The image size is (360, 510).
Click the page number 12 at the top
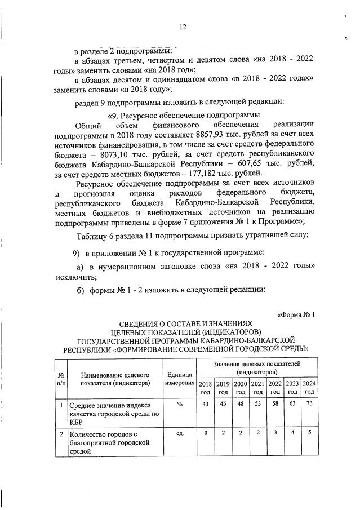tap(183, 26)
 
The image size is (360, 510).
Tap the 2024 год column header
tap(309, 388)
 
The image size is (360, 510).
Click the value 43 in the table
tap(205, 404)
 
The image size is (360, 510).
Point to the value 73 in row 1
tap(309, 404)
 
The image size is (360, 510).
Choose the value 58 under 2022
tap(274, 404)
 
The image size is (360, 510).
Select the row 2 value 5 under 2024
tap(309, 433)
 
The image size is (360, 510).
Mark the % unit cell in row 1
tap(180, 404)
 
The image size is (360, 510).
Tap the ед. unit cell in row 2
tap(180, 433)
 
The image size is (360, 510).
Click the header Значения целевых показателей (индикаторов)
tap(257, 369)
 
